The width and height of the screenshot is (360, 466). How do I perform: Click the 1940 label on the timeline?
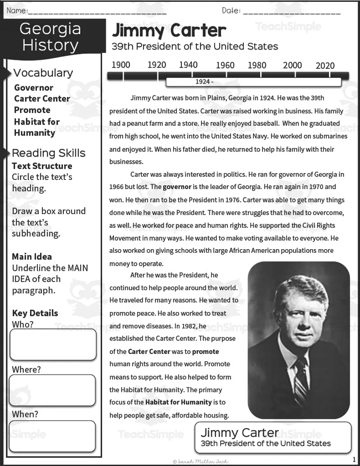pyautogui.click(x=188, y=65)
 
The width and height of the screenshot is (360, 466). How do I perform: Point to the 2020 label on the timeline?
pyautogui.click(x=325, y=66)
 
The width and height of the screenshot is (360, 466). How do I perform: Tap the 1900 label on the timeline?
pyautogui.click(x=121, y=65)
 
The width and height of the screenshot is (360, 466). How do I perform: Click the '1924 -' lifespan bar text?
pyautogui.click(x=204, y=82)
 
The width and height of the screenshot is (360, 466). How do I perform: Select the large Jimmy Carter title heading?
pyautogui.click(x=169, y=31)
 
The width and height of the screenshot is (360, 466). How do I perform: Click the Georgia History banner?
pyautogui.click(x=50, y=37)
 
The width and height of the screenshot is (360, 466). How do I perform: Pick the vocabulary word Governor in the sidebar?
pyautogui.click(x=34, y=88)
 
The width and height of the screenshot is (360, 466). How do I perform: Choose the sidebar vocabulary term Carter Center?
pyautogui.click(x=42, y=99)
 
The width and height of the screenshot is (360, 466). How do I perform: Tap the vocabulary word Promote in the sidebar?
pyautogui.click(x=32, y=110)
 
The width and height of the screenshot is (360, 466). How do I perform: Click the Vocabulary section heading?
pyautogui.click(x=43, y=73)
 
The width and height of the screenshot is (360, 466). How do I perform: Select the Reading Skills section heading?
pyautogui.click(x=48, y=153)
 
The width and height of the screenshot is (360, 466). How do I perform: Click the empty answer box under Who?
pyautogui.click(x=53, y=345)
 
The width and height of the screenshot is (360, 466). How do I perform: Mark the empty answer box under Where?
pyautogui.click(x=53, y=390)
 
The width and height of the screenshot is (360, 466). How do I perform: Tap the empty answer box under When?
pyautogui.click(x=53, y=436)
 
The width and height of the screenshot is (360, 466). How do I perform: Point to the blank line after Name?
pyautogui.click(x=97, y=11)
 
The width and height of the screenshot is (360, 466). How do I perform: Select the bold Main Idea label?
pyautogui.click(x=31, y=257)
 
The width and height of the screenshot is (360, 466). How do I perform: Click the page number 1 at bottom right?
pyautogui.click(x=354, y=459)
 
